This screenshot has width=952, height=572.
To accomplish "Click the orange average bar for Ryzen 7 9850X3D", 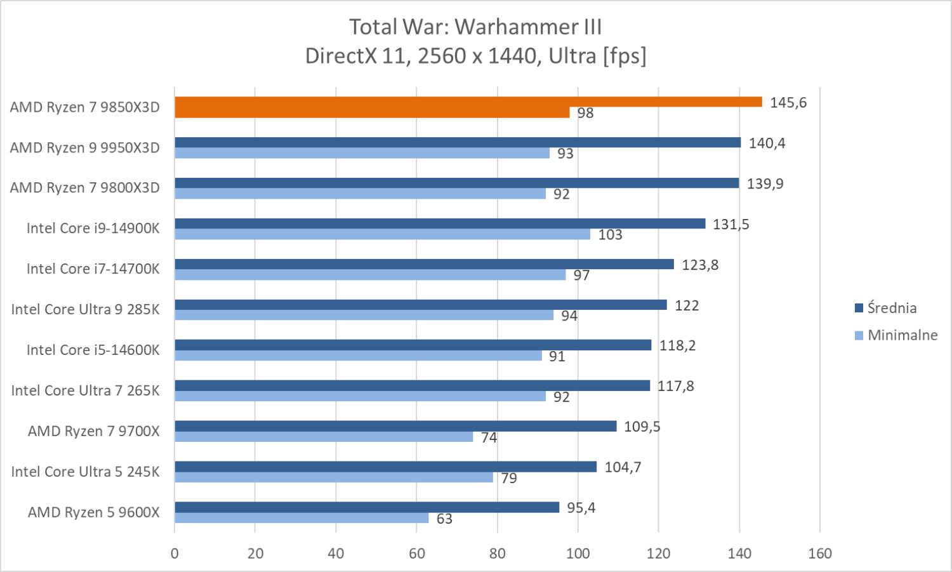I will [x=468, y=102].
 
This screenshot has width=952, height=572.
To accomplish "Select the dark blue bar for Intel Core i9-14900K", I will [x=439, y=223].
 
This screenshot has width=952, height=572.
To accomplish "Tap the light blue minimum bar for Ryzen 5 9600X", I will [x=301, y=518].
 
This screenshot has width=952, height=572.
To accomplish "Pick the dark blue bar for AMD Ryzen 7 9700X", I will [x=395, y=426].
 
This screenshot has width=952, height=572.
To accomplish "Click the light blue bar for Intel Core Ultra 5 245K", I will [x=333, y=477].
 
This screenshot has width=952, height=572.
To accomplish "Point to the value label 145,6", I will [x=788, y=103].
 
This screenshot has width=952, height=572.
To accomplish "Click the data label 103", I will [x=610, y=235].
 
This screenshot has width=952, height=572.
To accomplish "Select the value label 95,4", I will [x=581, y=508].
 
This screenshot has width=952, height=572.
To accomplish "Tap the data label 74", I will [x=489, y=437].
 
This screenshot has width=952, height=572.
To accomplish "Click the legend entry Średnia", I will [x=891, y=308].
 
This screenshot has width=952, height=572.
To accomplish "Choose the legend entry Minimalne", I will [x=902, y=335].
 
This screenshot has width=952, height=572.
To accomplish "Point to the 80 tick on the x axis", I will [x=498, y=553].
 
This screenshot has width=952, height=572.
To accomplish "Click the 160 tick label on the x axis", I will [x=820, y=553].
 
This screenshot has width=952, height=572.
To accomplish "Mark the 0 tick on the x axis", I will [x=175, y=553].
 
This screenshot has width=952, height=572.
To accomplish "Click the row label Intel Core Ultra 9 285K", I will [x=85, y=309].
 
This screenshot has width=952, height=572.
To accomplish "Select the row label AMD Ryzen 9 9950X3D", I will [x=84, y=148].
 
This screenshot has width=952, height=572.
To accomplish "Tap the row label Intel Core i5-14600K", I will [x=93, y=350].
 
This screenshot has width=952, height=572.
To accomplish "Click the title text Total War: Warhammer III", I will [x=475, y=27].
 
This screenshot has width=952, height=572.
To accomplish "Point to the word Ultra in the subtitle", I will [x=572, y=56].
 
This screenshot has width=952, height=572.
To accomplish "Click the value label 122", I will [x=686, y=305].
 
